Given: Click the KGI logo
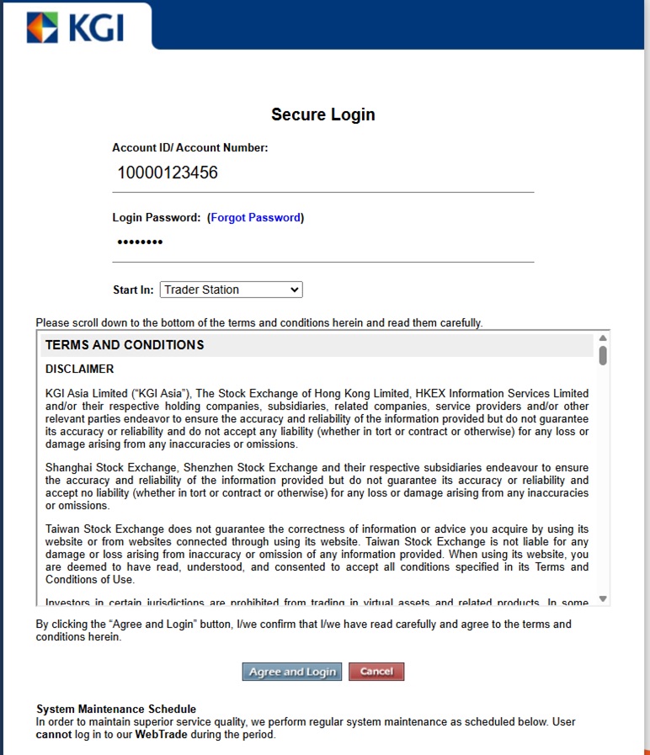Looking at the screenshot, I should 75,27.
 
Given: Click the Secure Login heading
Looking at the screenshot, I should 323,114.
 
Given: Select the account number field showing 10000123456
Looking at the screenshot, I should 323,173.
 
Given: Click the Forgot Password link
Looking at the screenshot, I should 255,217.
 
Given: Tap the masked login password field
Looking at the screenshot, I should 323,243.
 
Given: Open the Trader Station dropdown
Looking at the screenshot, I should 231,290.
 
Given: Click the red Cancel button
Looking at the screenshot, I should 376,672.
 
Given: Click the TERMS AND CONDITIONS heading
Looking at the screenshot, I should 125,345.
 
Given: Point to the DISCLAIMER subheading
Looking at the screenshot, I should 79,369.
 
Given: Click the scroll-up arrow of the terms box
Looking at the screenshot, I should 603,338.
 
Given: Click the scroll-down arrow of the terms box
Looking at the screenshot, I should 603,598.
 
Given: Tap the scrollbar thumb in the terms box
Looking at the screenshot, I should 603,355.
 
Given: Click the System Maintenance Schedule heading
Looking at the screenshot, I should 116,709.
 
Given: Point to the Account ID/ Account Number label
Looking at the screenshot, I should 190,147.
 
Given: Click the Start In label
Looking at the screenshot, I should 133,290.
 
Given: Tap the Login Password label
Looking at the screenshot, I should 157,217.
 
